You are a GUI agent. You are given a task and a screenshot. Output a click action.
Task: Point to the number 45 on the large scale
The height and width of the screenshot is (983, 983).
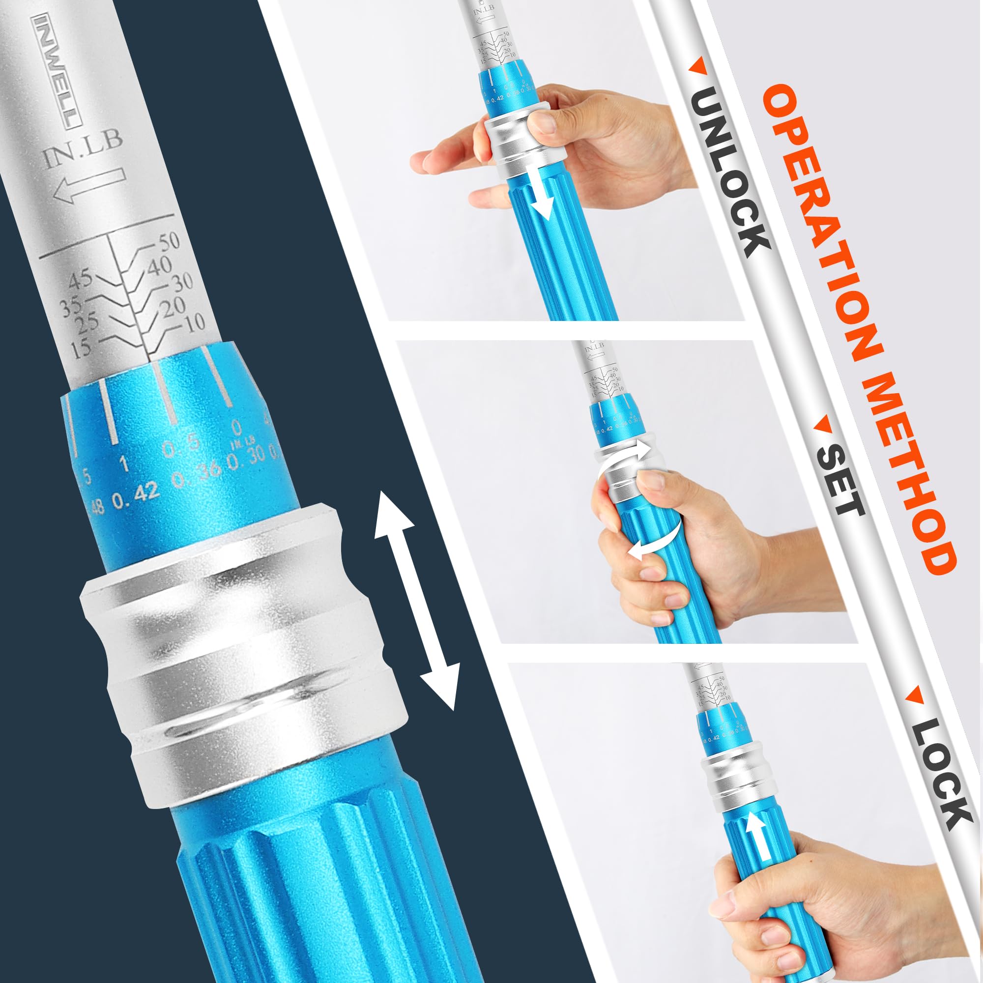(x=81, y=279)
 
